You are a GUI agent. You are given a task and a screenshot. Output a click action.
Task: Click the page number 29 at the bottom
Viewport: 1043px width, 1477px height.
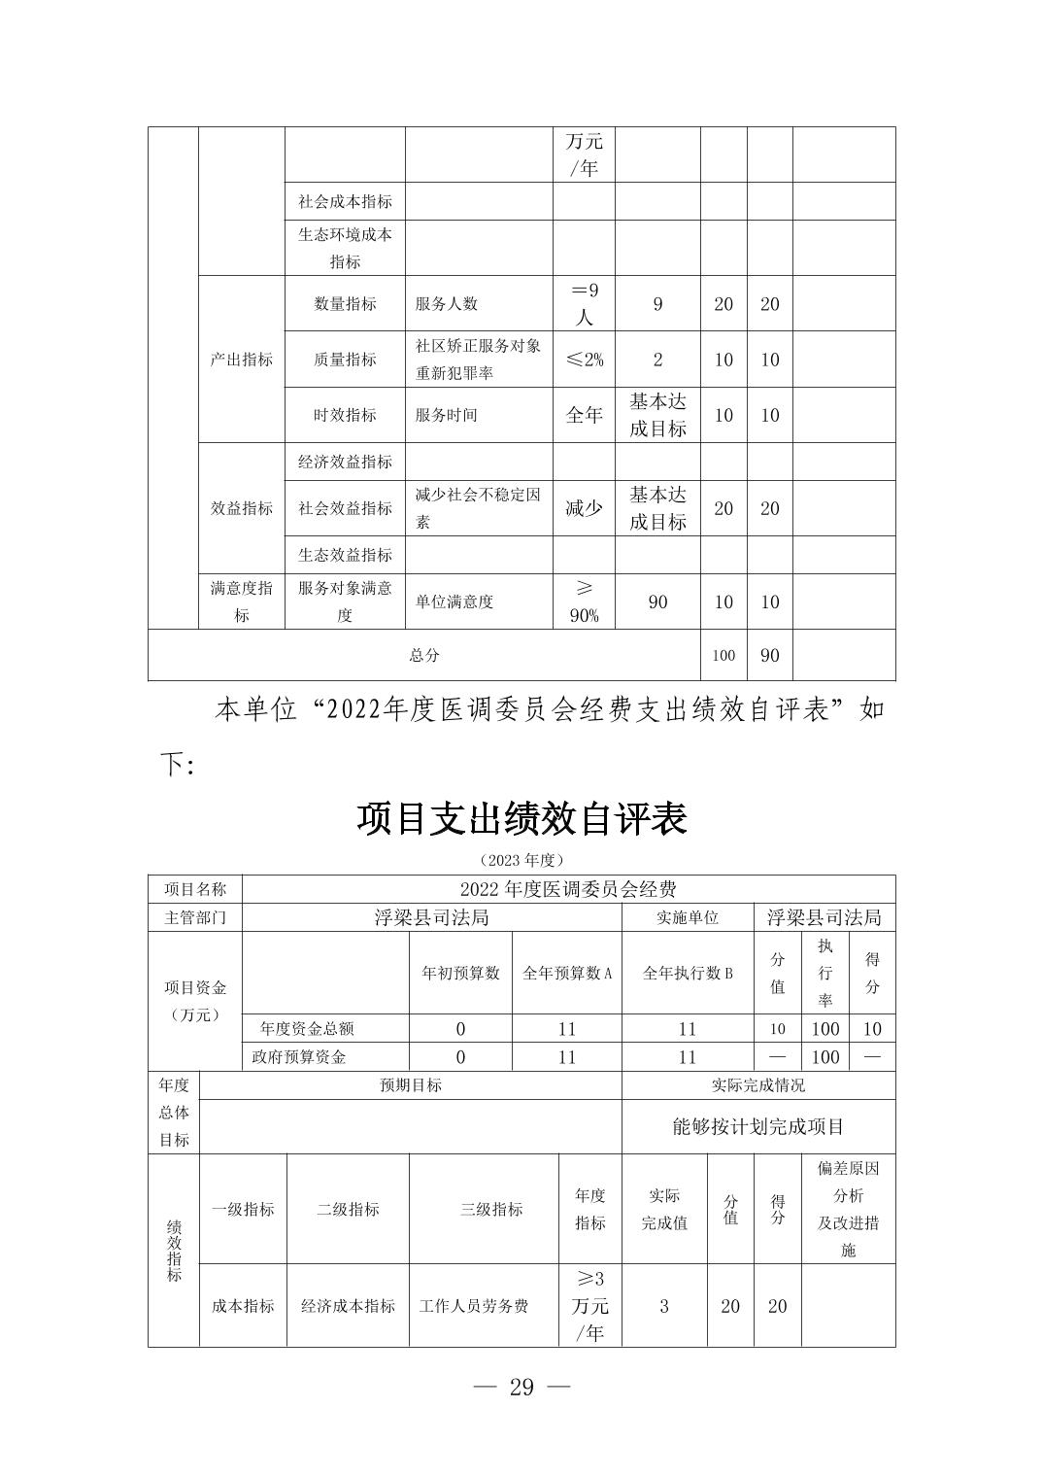tap(521, 1387)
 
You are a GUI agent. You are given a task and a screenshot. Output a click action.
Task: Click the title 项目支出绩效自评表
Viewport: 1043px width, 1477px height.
tap(521, 819)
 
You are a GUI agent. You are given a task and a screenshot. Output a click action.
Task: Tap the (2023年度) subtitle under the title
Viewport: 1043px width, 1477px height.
tap(521, 860)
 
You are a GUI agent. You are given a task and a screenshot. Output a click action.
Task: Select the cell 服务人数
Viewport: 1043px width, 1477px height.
tap(447, 304)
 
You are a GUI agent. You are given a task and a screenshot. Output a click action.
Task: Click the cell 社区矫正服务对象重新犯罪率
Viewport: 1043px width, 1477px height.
tap(478, 360)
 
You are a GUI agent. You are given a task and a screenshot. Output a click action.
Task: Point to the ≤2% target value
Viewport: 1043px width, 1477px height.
tap(584, 360)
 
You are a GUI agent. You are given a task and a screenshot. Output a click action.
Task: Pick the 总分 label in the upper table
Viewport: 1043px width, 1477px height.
tap(424, 655)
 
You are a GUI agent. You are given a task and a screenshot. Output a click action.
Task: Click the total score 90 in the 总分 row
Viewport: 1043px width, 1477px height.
tap(769, 655)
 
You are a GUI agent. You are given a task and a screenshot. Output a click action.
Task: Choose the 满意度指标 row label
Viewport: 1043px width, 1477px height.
tap(242, 601)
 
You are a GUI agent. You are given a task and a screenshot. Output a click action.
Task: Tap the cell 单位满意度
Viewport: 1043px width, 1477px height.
tap(454, 602)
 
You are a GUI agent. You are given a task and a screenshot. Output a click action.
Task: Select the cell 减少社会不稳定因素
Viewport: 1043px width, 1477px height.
tap(478, 508)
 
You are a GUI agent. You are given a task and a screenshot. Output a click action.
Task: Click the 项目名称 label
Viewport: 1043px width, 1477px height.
tap(195, 889)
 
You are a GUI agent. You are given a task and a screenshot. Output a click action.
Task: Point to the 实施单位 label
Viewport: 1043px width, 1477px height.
tap(688, 917)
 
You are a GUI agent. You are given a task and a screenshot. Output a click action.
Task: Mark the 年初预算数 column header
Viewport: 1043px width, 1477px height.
tap(460, 973)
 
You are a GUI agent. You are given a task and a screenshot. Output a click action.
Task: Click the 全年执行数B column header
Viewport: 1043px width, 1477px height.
tap(688, 973)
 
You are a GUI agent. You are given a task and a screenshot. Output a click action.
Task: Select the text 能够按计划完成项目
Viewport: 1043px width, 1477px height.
tap(758, 1127)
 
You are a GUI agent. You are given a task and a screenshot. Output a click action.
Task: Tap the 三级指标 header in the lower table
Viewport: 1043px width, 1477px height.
tap(491, 1210)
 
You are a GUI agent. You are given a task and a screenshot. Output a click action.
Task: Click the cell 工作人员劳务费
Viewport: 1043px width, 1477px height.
tap(474, 1306)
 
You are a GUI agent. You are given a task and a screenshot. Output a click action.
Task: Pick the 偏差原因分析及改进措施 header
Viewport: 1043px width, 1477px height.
tap(848, 1209)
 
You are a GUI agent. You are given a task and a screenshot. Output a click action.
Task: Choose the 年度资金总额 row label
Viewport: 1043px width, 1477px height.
tap(307, 1029)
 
